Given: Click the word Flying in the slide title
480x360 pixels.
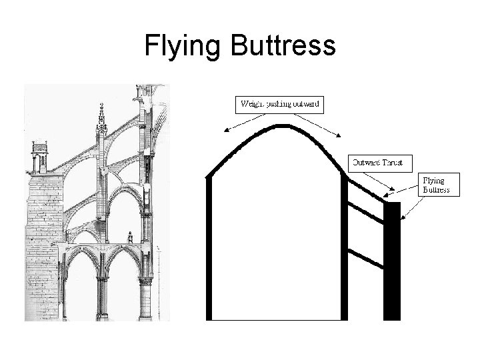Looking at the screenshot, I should tap(182, 47).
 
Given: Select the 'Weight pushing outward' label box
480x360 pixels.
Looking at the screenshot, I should tap(280, 104).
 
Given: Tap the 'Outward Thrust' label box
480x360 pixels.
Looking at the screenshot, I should tap(381, 162).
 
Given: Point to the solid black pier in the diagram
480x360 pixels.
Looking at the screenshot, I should tap(393, 260).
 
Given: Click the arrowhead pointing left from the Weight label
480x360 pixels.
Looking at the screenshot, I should tap(226, 132).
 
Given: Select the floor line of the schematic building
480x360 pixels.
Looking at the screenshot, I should tap(277, 319).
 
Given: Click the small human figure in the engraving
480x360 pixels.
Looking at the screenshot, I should tap(131, 237).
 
